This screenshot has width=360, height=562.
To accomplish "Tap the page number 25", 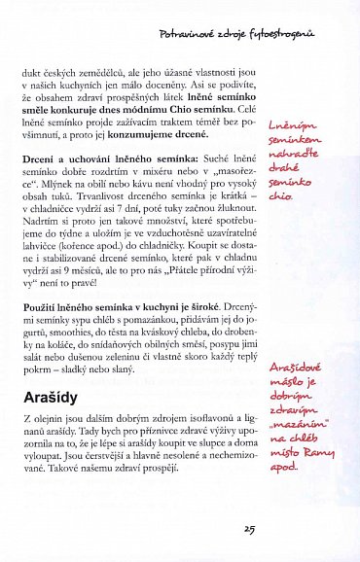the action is [249, 529].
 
